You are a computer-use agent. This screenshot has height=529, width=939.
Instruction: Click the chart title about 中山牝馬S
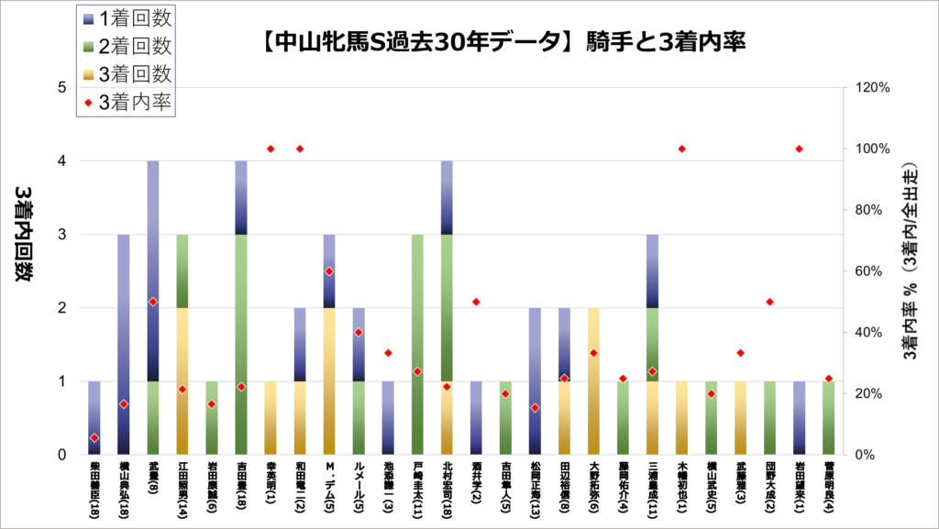(x=502, y=41)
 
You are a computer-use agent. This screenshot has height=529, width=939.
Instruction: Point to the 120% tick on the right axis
(x=872, y=88)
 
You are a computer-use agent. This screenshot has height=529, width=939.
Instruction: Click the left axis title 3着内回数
(x=22, y=233)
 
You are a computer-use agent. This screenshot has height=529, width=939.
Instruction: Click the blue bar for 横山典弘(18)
(x=124, y=344)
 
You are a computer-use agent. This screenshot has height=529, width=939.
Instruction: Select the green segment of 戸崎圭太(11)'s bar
(x=417, y=344)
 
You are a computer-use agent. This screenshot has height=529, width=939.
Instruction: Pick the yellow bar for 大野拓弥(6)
(x=593, y=380)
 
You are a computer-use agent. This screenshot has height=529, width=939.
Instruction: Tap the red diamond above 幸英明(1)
(x=271, y=149)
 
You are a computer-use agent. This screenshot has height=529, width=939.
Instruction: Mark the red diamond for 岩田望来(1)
(x=799, y=149)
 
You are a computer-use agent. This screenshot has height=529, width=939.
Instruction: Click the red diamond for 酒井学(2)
(x=476, y=302)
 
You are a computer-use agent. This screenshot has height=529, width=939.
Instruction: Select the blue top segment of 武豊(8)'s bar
(x=153, y=270)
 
